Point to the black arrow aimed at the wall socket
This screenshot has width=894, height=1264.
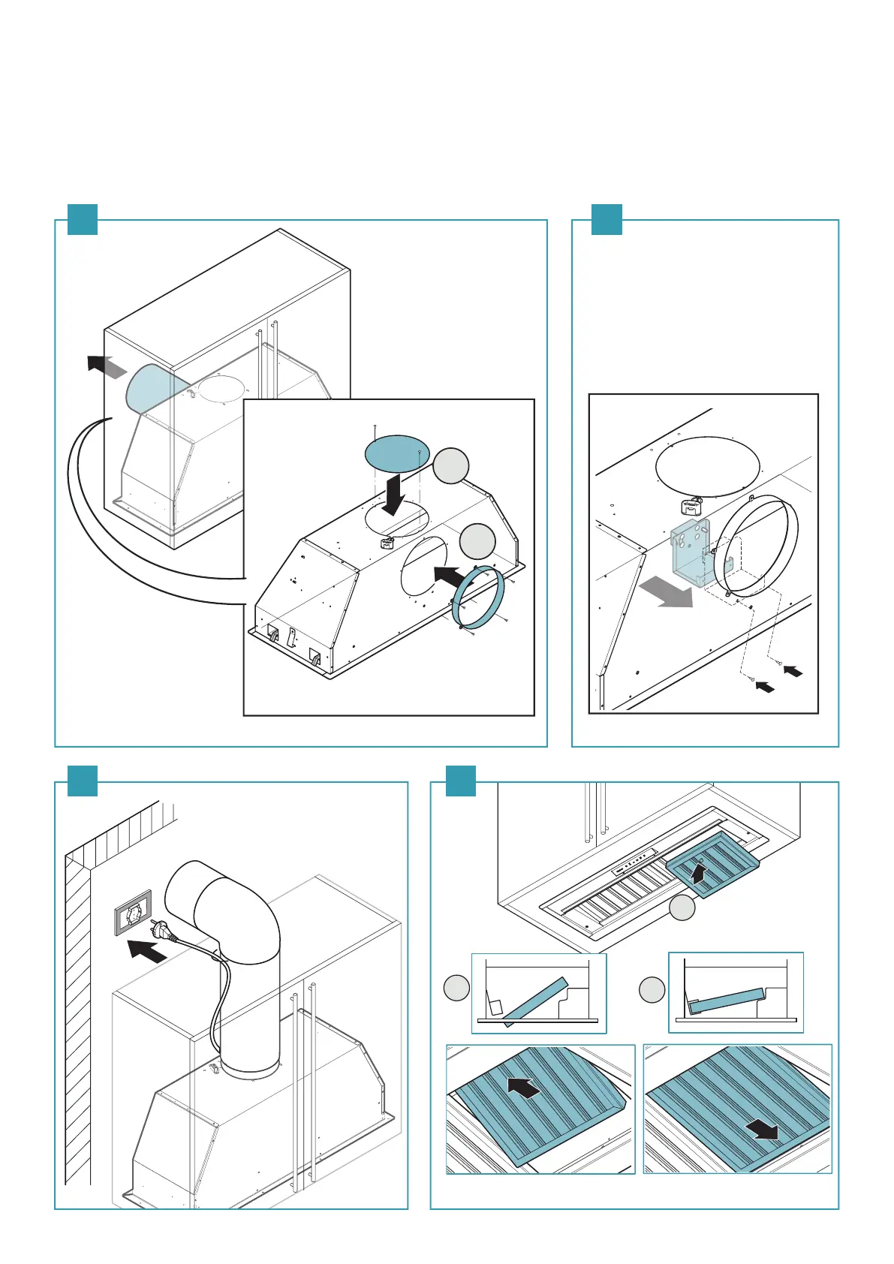pos(147,951)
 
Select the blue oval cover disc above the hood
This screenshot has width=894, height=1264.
pos(397,453)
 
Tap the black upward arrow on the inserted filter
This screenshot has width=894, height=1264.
pos(698,873)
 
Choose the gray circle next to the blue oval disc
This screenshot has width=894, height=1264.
pos(451,466)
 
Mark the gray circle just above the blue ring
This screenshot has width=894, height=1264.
pos(477,542)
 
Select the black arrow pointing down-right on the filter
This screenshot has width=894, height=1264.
pos(766,1128)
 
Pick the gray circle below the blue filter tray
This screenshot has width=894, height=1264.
pos(682,909)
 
